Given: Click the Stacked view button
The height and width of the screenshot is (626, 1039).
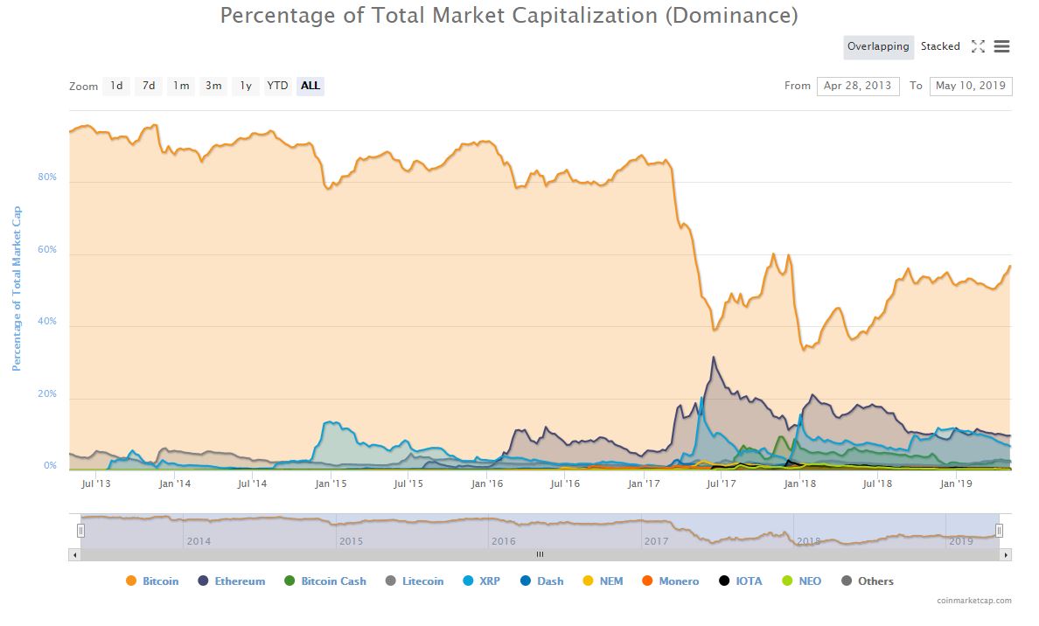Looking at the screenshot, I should (x=940, y=46).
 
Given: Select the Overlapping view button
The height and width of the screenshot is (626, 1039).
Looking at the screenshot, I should (x=878, y=46).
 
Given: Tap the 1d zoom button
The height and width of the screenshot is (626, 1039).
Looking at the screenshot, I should (x=116, y=86).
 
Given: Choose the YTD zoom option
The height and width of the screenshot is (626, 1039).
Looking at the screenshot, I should (x=277, y=86).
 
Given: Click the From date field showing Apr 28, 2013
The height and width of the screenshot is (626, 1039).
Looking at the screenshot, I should (x=857, y=86).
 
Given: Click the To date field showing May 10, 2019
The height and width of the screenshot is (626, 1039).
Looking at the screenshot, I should (x=970, y=86).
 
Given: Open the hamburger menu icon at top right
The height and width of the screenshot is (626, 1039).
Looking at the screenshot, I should (x=1002, y=46).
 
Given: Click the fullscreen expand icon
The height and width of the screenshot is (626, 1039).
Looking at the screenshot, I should (x=978, y=46).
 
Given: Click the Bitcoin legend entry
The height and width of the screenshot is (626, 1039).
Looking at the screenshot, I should (x=160, y=581).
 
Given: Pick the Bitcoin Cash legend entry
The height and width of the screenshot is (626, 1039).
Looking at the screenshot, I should (x=333, y=581).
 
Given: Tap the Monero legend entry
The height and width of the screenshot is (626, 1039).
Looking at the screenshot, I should (x=679, y=581).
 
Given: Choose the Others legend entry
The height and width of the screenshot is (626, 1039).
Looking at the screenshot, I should (x=875, y=581).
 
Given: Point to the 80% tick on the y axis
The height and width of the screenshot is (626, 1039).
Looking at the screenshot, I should (x=47, y=177).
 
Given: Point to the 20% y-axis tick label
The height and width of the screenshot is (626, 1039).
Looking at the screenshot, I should (x=47, y=394).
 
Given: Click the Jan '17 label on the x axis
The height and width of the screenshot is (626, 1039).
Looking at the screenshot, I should (x=644, y=483).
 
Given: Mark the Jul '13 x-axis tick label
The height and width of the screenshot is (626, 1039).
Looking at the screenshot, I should (x=96, y=483).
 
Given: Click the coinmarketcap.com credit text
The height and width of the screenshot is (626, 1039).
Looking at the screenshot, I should (x=973, y=601).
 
